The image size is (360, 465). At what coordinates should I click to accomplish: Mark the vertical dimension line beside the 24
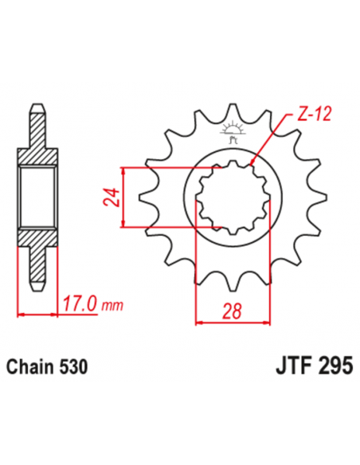[124, 197]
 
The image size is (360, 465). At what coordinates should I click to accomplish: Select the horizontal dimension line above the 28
[230, 322]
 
